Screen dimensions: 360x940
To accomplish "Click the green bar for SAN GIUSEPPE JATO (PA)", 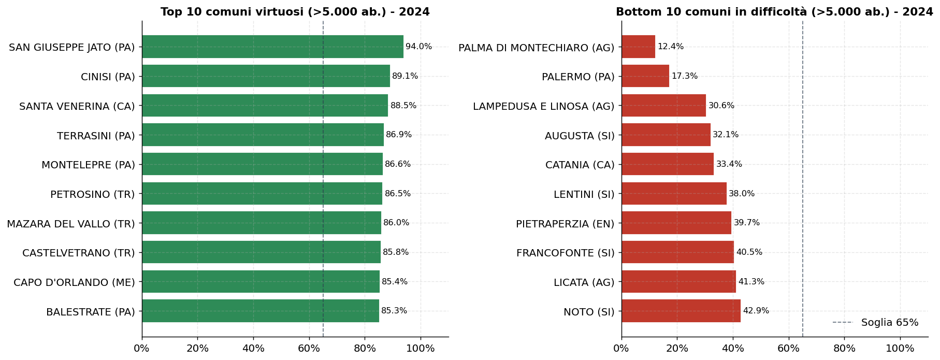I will coord(272,47).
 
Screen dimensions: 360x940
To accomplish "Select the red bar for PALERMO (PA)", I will coord(645,76).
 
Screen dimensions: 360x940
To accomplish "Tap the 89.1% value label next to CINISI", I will coord(405,76).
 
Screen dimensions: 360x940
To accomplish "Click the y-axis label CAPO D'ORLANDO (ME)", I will coord(74,282).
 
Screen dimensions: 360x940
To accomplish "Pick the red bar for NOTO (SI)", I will coord(681,311).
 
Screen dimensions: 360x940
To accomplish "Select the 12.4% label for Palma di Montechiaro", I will coord(671,47).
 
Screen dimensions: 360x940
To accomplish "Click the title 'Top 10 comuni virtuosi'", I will coord(295,12).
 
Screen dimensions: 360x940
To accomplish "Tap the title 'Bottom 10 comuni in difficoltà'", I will coord(774,12).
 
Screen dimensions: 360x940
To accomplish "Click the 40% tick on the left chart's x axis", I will coord(253,349).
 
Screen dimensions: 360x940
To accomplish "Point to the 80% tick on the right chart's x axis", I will coord(844,349).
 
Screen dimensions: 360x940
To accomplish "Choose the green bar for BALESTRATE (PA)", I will coord(260,311).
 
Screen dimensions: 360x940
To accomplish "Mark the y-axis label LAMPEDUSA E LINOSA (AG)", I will coord(543,106).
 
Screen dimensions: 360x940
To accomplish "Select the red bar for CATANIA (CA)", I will coord(667,164).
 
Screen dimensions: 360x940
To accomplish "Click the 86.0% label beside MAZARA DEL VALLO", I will coord(396,223).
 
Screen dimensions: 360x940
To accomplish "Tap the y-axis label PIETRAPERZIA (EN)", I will coord(565,224).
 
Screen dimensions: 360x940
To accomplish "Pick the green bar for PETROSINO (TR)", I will coord(262,194).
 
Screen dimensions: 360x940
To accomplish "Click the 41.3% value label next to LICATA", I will coord(751,282).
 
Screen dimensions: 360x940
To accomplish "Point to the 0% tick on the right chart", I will coord(621,349).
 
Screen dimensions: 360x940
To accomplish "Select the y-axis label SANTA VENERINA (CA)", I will coord(77,106).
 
